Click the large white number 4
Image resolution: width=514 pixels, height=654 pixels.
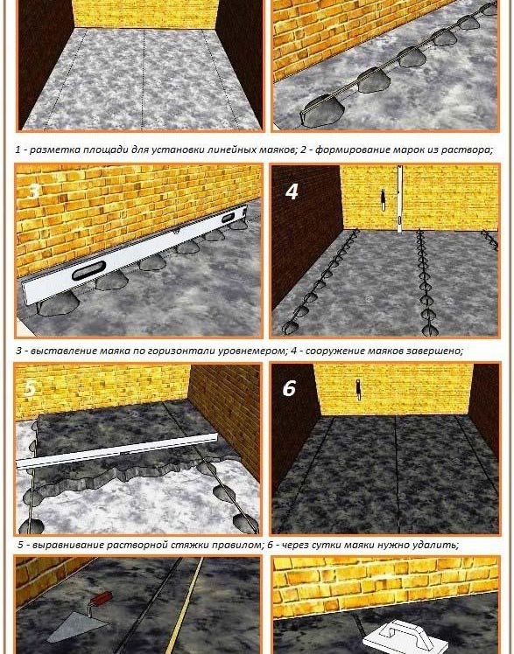pyautogui.click(x=292, y=191)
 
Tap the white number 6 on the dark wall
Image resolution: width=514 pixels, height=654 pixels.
pyautogui.click(x=289, y=388)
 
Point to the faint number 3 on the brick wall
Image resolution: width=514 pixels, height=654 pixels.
pyautogui.click(x=34, y=191)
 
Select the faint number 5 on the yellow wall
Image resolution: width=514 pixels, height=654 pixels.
pyautogui.click(x=30, y=388)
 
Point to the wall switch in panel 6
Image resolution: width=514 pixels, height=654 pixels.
pyautogui.click(x=358, y=389)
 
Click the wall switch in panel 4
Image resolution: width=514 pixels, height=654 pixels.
pyautogui.click(x=383, y=200)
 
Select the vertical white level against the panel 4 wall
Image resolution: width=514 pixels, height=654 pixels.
pyautogui.click(x=399, y=199)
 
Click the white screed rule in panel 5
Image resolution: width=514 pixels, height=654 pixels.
pyautogui.click(x=117, y=450)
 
